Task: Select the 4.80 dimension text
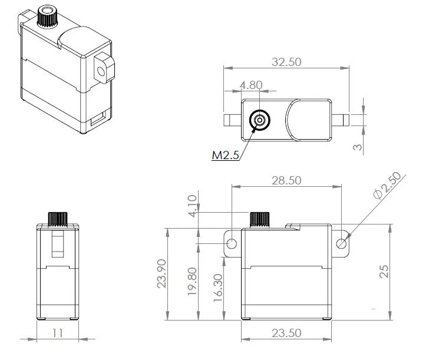252,85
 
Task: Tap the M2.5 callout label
225,156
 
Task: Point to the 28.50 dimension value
286,180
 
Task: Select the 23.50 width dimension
286,333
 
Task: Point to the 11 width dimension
57,333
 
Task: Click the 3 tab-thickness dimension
357,146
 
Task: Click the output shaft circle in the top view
259,120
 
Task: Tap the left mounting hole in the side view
232,243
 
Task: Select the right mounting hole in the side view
341,243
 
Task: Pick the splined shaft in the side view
259,219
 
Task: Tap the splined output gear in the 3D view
45,16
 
